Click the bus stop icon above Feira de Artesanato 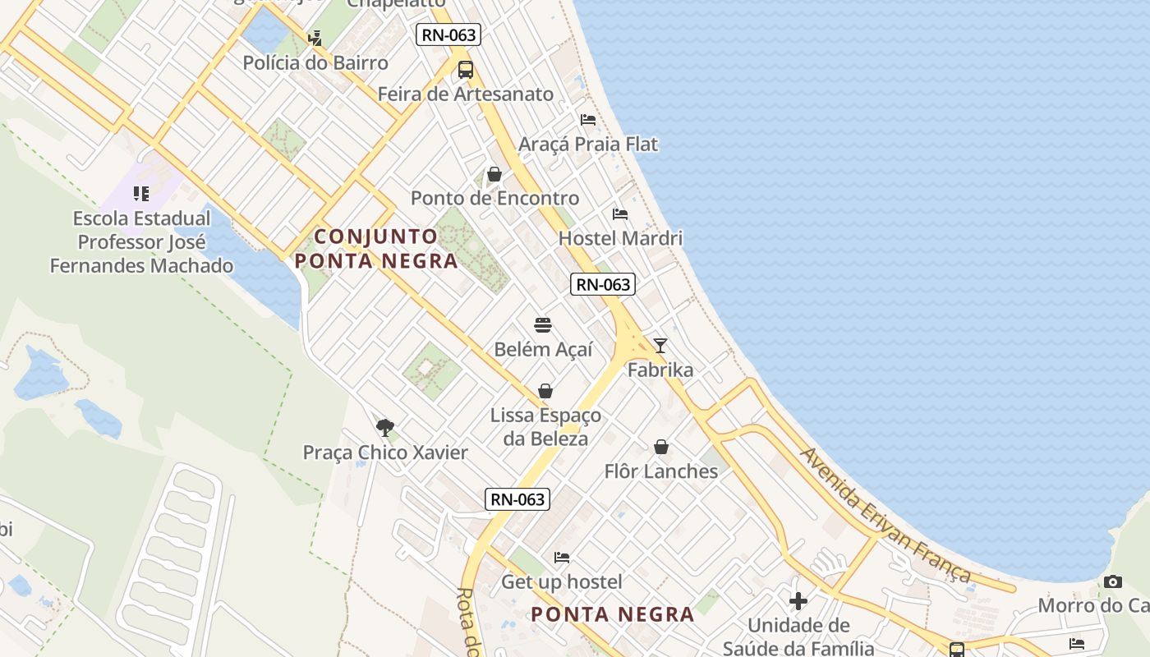[x=466, y=70]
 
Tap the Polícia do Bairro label [x=315, y=63]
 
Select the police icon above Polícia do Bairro [x=315, y=38]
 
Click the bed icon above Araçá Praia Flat [x=588, y=120]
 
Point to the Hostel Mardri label [x=620, y=239]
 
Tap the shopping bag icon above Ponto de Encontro [x=494, y=174]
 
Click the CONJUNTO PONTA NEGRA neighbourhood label [x=377, y=249]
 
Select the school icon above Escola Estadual [x=141, y=194]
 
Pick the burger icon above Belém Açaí [x=542, y=325]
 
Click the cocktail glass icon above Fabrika [x=660, y=346]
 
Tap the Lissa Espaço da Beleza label [x=545, y=427]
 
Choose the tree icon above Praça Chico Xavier [x=385, y=428]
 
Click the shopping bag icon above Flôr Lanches [x=661, y=448]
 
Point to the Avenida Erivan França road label [x=885, y=515]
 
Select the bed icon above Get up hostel [x=562, y=558]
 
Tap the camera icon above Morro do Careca [x=1113, y=581]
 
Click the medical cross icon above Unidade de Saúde [x=798, y=601]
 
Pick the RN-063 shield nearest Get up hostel [x=517, y=499]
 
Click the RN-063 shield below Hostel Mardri [x=603, y=285]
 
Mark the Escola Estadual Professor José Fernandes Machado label [x=141, y=242]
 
